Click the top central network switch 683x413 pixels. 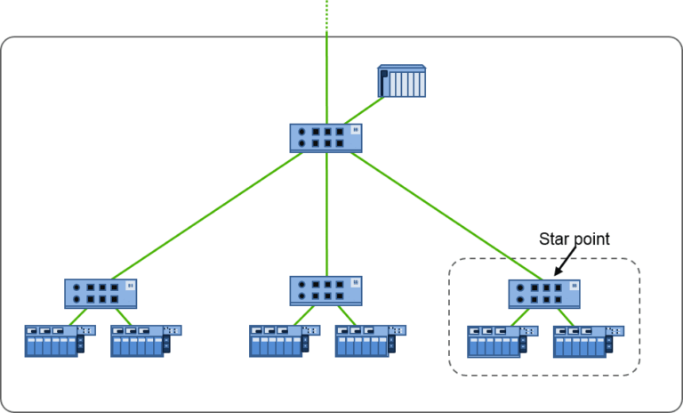pos(326,137)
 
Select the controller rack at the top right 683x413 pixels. pos(402,80)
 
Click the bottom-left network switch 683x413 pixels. pos(100,293)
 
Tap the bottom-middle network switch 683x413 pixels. pos(326,290)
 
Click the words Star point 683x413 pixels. pos(574,239)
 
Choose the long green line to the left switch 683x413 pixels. pos(205,214)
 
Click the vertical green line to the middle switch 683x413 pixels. pos(326,214)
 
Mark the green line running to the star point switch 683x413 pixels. pos(445,214)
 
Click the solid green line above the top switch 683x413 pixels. pos(326,80)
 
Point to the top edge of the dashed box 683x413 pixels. pos(498,259)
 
